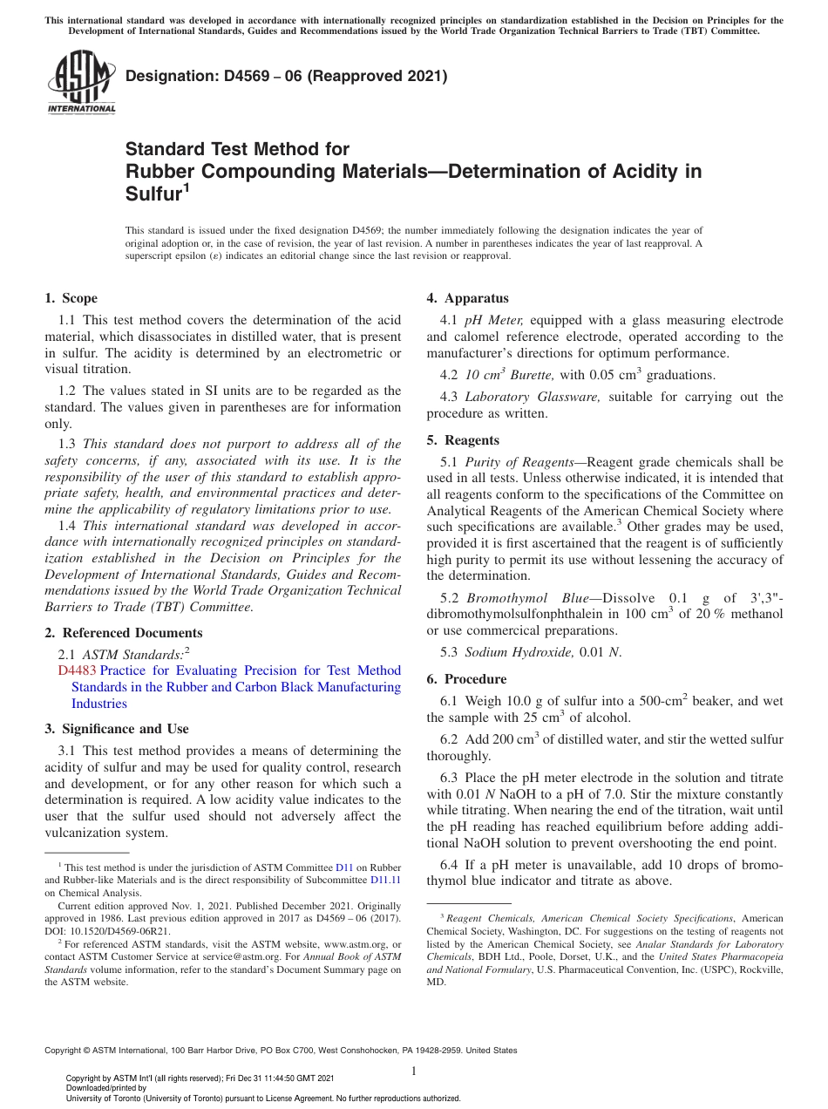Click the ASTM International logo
click(x=81, y=83)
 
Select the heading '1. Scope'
click(x=71, y=298)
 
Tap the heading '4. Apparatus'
click(x=467, y=298)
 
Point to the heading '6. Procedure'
click(x=466, y=679)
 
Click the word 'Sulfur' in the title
click(x=153, y=194)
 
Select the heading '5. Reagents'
click(x=464, y=440)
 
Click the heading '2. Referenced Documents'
click(x=124, y=633)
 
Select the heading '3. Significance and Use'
click(x=117, y=729)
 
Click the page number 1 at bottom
click(x=414, y=1072)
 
